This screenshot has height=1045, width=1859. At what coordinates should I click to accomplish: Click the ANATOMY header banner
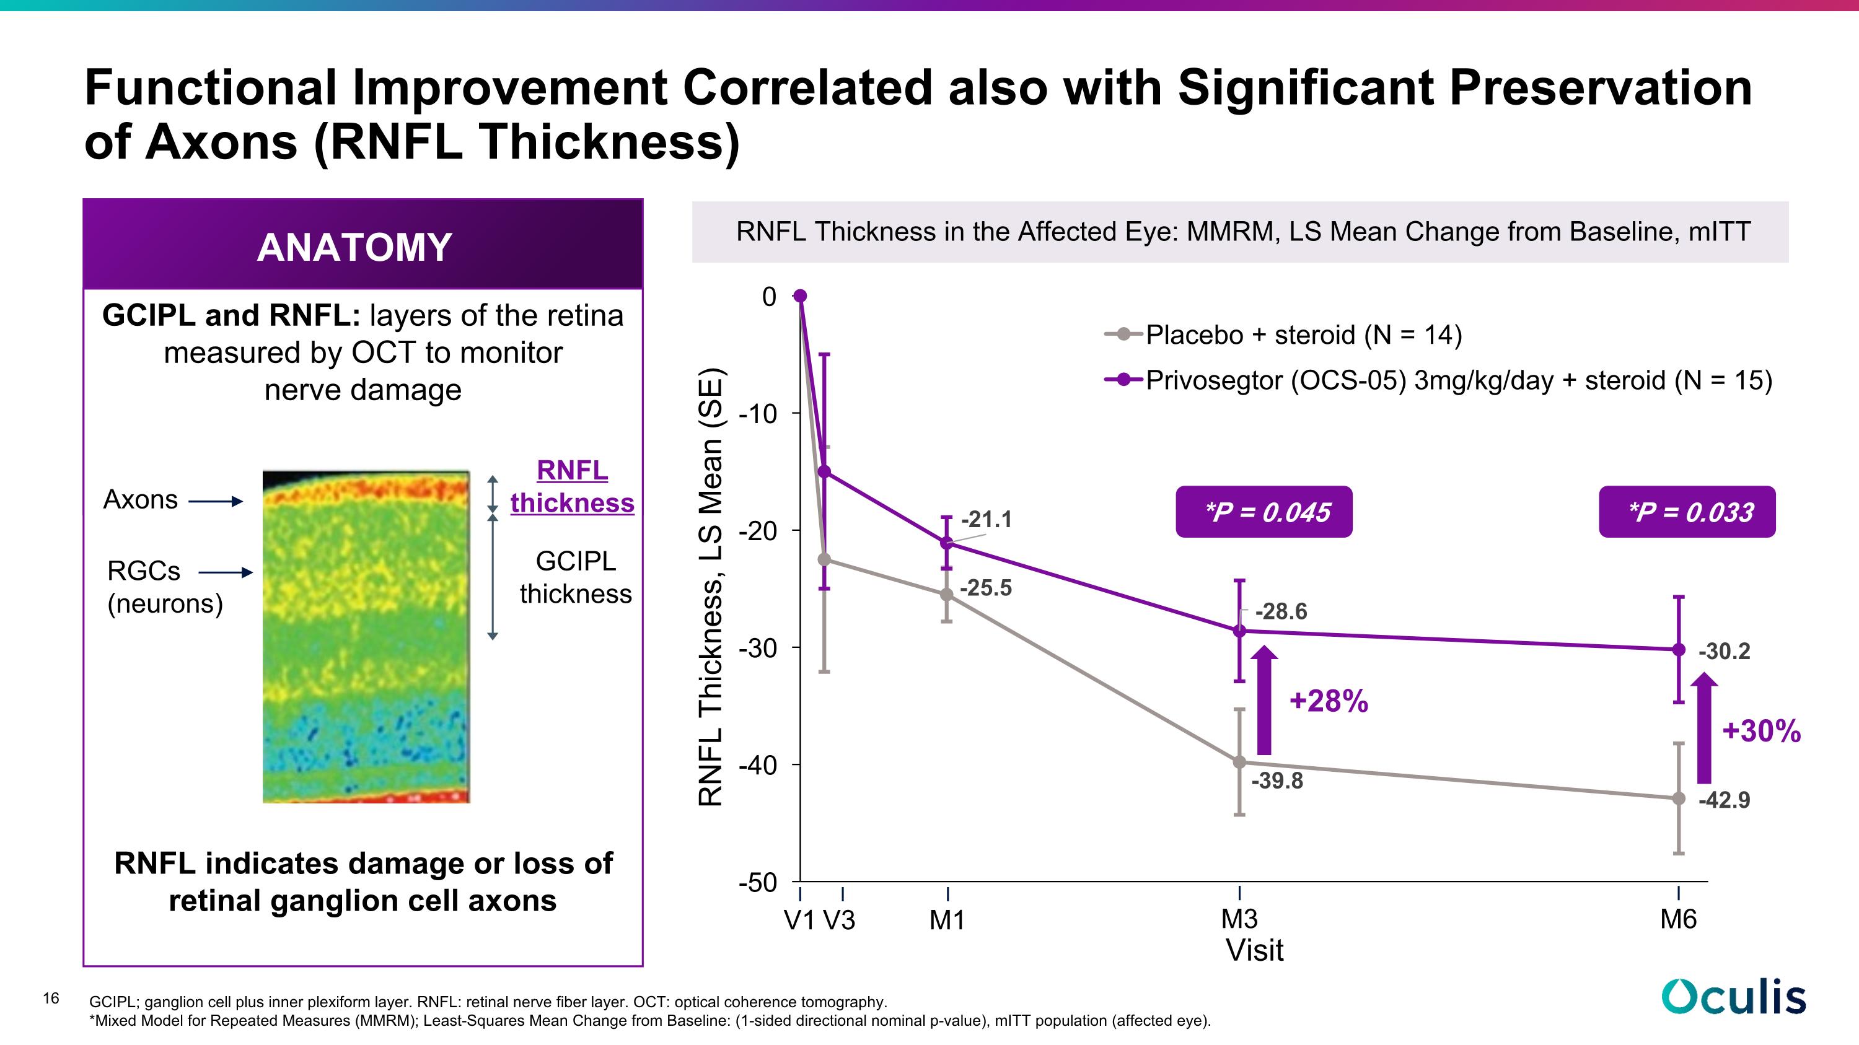point(363,245)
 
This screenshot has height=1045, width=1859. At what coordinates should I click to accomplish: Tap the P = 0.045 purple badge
point(1264,511)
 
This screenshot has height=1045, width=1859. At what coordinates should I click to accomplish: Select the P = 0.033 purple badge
point(1687,511)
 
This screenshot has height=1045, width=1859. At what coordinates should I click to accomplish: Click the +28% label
point(1329,701)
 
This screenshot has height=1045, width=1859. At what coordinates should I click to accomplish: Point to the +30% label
point(1762,730)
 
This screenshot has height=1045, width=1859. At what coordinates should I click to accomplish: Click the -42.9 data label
point(1724,800)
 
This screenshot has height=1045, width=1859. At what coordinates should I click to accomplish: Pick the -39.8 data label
point(1277,780)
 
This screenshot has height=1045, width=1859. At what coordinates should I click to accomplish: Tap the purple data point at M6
point(1679,650)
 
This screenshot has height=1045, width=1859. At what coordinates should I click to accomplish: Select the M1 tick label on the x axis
point(947,920)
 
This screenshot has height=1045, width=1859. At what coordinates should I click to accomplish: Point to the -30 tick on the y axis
point(758,647)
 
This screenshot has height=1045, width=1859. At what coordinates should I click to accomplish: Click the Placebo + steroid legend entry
point(1283,334)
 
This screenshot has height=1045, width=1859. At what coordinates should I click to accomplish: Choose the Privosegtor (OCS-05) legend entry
point(1438,380)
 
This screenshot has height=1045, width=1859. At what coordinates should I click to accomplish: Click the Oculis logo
point(1733,997)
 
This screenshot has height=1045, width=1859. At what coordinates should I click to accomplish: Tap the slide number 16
point(51,998)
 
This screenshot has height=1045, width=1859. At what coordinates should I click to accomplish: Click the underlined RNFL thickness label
point(573,486)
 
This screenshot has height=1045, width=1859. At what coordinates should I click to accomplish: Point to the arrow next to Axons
point(216,501)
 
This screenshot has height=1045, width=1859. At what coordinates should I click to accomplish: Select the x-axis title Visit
point(1254,950)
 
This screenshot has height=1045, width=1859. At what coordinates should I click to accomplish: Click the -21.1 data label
point(986,519)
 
